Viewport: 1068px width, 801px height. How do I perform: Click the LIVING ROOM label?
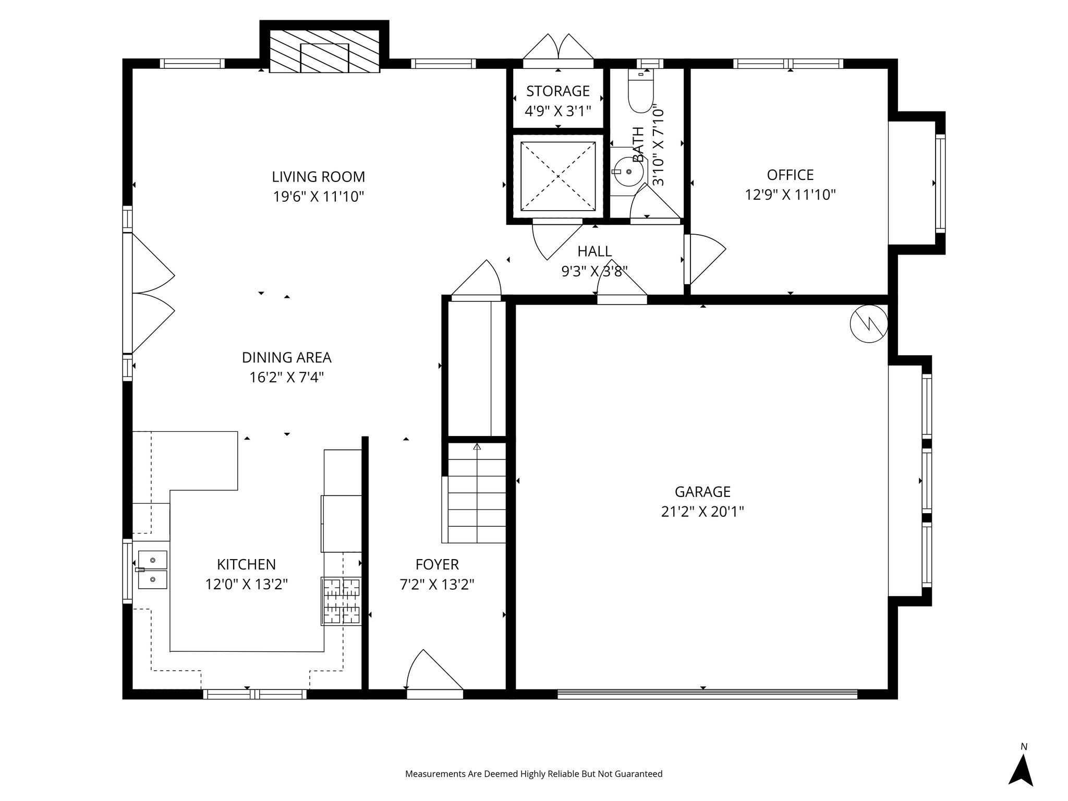point(318,177)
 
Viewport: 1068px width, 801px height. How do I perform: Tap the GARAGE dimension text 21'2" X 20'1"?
point(702,512)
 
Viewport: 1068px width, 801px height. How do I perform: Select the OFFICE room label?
point(790,175)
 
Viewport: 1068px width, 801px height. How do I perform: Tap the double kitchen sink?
point(152,569)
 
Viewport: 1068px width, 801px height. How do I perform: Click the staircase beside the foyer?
point(477,493)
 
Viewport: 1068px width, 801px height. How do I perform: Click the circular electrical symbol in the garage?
point(869,324)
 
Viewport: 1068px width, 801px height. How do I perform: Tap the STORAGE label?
point(558,91)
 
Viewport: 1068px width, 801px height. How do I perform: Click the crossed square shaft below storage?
point(558,177)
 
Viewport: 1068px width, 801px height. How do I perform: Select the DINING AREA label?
point(287,358)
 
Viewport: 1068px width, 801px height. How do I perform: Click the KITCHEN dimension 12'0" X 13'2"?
point(247,584)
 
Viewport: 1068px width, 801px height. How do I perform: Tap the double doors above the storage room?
point(559,47)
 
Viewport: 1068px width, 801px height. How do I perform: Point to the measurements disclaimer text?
point(534,774)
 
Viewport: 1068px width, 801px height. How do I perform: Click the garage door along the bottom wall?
point(707,694)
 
